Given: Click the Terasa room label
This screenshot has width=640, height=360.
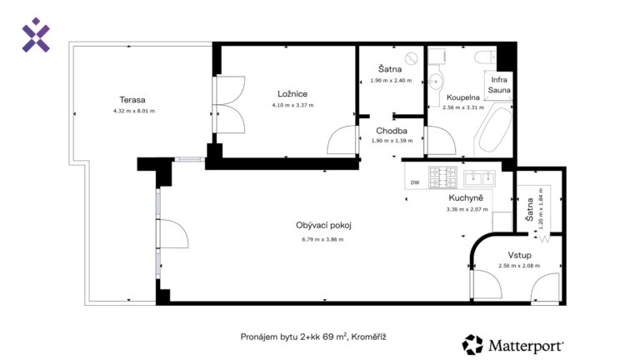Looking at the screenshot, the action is coord(132,100).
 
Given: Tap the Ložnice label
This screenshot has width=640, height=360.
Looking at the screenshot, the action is coord(292,94).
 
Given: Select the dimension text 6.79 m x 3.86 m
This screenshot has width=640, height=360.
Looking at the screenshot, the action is coord(322,240).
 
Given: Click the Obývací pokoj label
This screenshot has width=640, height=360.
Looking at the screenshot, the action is coord(323,225).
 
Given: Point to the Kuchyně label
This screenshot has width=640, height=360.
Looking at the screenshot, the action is coord(466,198).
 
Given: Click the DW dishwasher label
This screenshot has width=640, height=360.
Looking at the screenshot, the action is coord(415,182).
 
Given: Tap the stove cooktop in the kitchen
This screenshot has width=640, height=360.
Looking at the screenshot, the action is coord(442,177).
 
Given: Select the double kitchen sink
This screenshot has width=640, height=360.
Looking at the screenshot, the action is coord(479,178).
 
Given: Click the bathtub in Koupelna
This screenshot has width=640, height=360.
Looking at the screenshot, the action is coord(495,129).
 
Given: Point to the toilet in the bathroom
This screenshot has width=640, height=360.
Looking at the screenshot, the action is coord(485,57).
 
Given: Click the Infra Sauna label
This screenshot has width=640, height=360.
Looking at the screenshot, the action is coord(499,85).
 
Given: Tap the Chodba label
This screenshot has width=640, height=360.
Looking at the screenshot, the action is coord(392,131).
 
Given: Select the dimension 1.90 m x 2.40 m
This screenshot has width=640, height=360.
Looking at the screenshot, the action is coord(391,81).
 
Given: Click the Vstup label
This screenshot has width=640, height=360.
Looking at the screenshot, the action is coord(520,255).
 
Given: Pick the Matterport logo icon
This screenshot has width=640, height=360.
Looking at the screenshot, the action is coord(472,344).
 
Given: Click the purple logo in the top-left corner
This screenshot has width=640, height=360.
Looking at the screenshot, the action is coord(36,35).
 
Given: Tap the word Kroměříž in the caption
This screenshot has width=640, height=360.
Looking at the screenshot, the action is coord(368,337).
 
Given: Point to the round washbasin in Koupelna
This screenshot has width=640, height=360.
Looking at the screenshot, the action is coord(436,82).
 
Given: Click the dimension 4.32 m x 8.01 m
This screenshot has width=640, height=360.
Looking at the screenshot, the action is coord(134,111).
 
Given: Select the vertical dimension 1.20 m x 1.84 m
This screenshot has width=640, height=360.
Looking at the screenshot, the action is coord(541,209).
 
